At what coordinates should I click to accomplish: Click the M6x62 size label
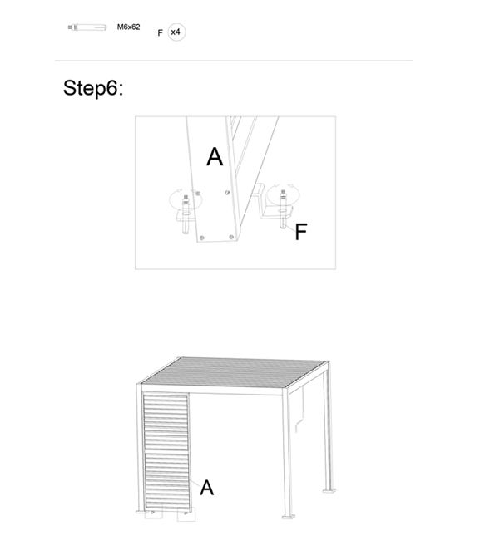[x=128, y=27]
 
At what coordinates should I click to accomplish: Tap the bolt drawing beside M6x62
[x=87, y=27]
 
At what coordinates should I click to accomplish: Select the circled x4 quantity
[x=176, y=32]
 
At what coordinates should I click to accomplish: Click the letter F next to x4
[x=160, y=33]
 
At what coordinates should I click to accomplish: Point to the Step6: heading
[x=93, y=88]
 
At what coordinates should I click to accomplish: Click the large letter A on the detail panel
[x=215, y=157]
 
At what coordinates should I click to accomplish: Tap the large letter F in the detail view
[x=301, y=232]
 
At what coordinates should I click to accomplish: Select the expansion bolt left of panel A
[x=186, y=214]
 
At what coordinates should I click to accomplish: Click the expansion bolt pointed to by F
[x=284, y=209]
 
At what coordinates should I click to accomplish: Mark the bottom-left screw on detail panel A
[x=202, y=238]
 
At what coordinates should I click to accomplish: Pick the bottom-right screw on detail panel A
[x=231, y=237]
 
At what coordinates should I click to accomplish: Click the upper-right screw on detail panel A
[x=227, y=193]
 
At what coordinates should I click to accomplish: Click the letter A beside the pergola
[x=207, y=488]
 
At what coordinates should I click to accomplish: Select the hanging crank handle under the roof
[x=300, y=410]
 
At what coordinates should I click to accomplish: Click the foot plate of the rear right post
[x=329, y=491]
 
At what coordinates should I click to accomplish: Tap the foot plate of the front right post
[x=289, y=517]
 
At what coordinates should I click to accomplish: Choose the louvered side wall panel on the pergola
[x=166, y=451]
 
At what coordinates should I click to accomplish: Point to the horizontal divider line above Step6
[x=234, y=61]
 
